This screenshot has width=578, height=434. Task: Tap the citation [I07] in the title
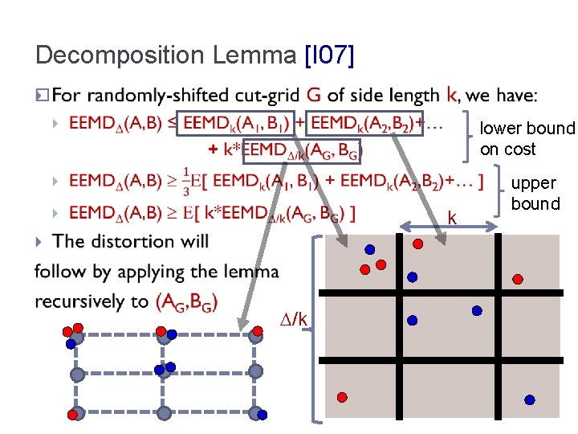(330, 56)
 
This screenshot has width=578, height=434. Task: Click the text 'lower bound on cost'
(527, 139)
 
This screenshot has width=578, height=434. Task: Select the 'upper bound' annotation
(535, 194)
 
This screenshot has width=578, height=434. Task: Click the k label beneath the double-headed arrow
(453, 218)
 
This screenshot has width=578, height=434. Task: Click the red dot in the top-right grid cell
(518, 279)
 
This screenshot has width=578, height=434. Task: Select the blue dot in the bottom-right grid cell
(530, 399)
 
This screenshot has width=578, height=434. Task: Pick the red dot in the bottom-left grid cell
(342, 397)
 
